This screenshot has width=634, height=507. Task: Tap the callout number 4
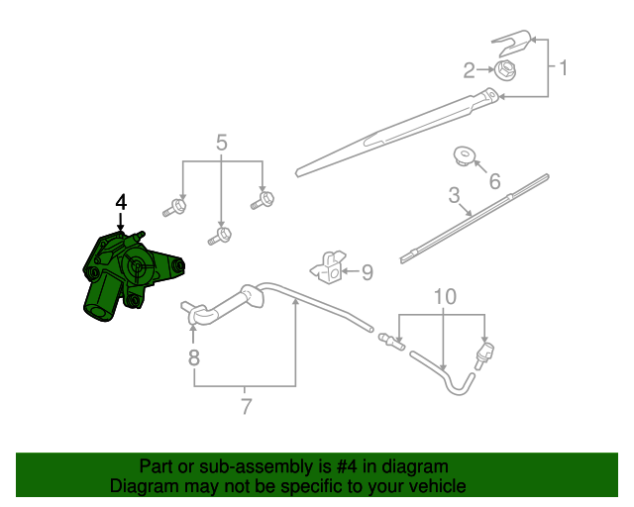pyautogui.click(x=121, y=202)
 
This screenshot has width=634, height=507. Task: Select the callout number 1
pyautogui.click(x=563, y=68)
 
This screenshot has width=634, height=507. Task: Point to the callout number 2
pyautogui.click(x=470, y=69)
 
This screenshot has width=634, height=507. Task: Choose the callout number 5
pyautogui.click(x=221, y=143)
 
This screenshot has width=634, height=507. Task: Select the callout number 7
pyautogui.click(x=245, y=405)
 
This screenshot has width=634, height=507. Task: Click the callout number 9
pyautogui.click(x=366, y=271)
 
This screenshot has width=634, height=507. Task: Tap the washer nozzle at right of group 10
pyautogui.click(x=486, y=353)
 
